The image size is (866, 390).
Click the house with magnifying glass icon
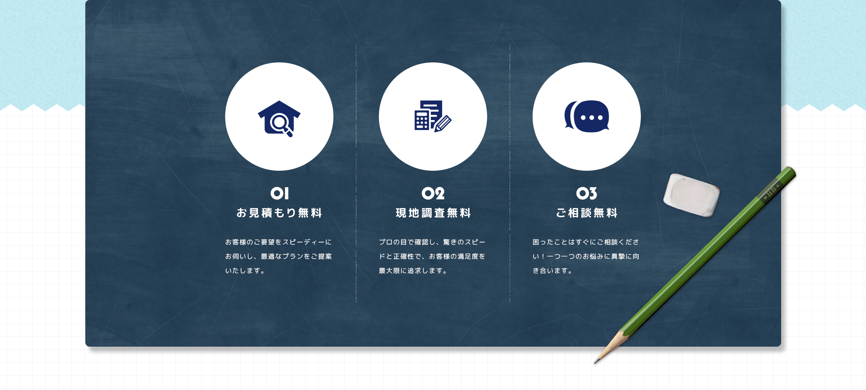pyautogui.click(x=279, y=118)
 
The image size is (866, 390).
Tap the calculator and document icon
pyautogui.click(x=433, y=116)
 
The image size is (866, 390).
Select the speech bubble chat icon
pyautogui.click(x=587, y=116)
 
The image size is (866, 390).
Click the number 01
pyautogui.click(x=279, y=193)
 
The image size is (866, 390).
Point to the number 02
pyautogui.click(x=433, y=193)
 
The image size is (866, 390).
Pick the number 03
pyautogui.click(x=587, y=193)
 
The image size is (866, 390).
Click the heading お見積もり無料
pyautogui.click(x=279, y=213)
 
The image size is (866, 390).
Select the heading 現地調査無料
pyautogui.click(x=433, y=213)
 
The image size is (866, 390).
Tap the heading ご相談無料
pyautogui.click(x=587, y=213)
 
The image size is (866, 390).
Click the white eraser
pyautogui.click(x=692, y=195)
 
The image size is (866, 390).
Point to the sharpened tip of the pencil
pyautogui.click(x=595, y=362)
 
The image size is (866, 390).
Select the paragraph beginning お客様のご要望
pyautogui.click(x=278, y=256)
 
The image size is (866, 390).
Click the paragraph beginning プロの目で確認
pyautogui.click(x=432, y=256)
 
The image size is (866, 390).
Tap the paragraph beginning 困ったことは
pyautogui.click(x=586, y=256)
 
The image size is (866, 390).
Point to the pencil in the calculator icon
pyautogui.click(x=443, y=123)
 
